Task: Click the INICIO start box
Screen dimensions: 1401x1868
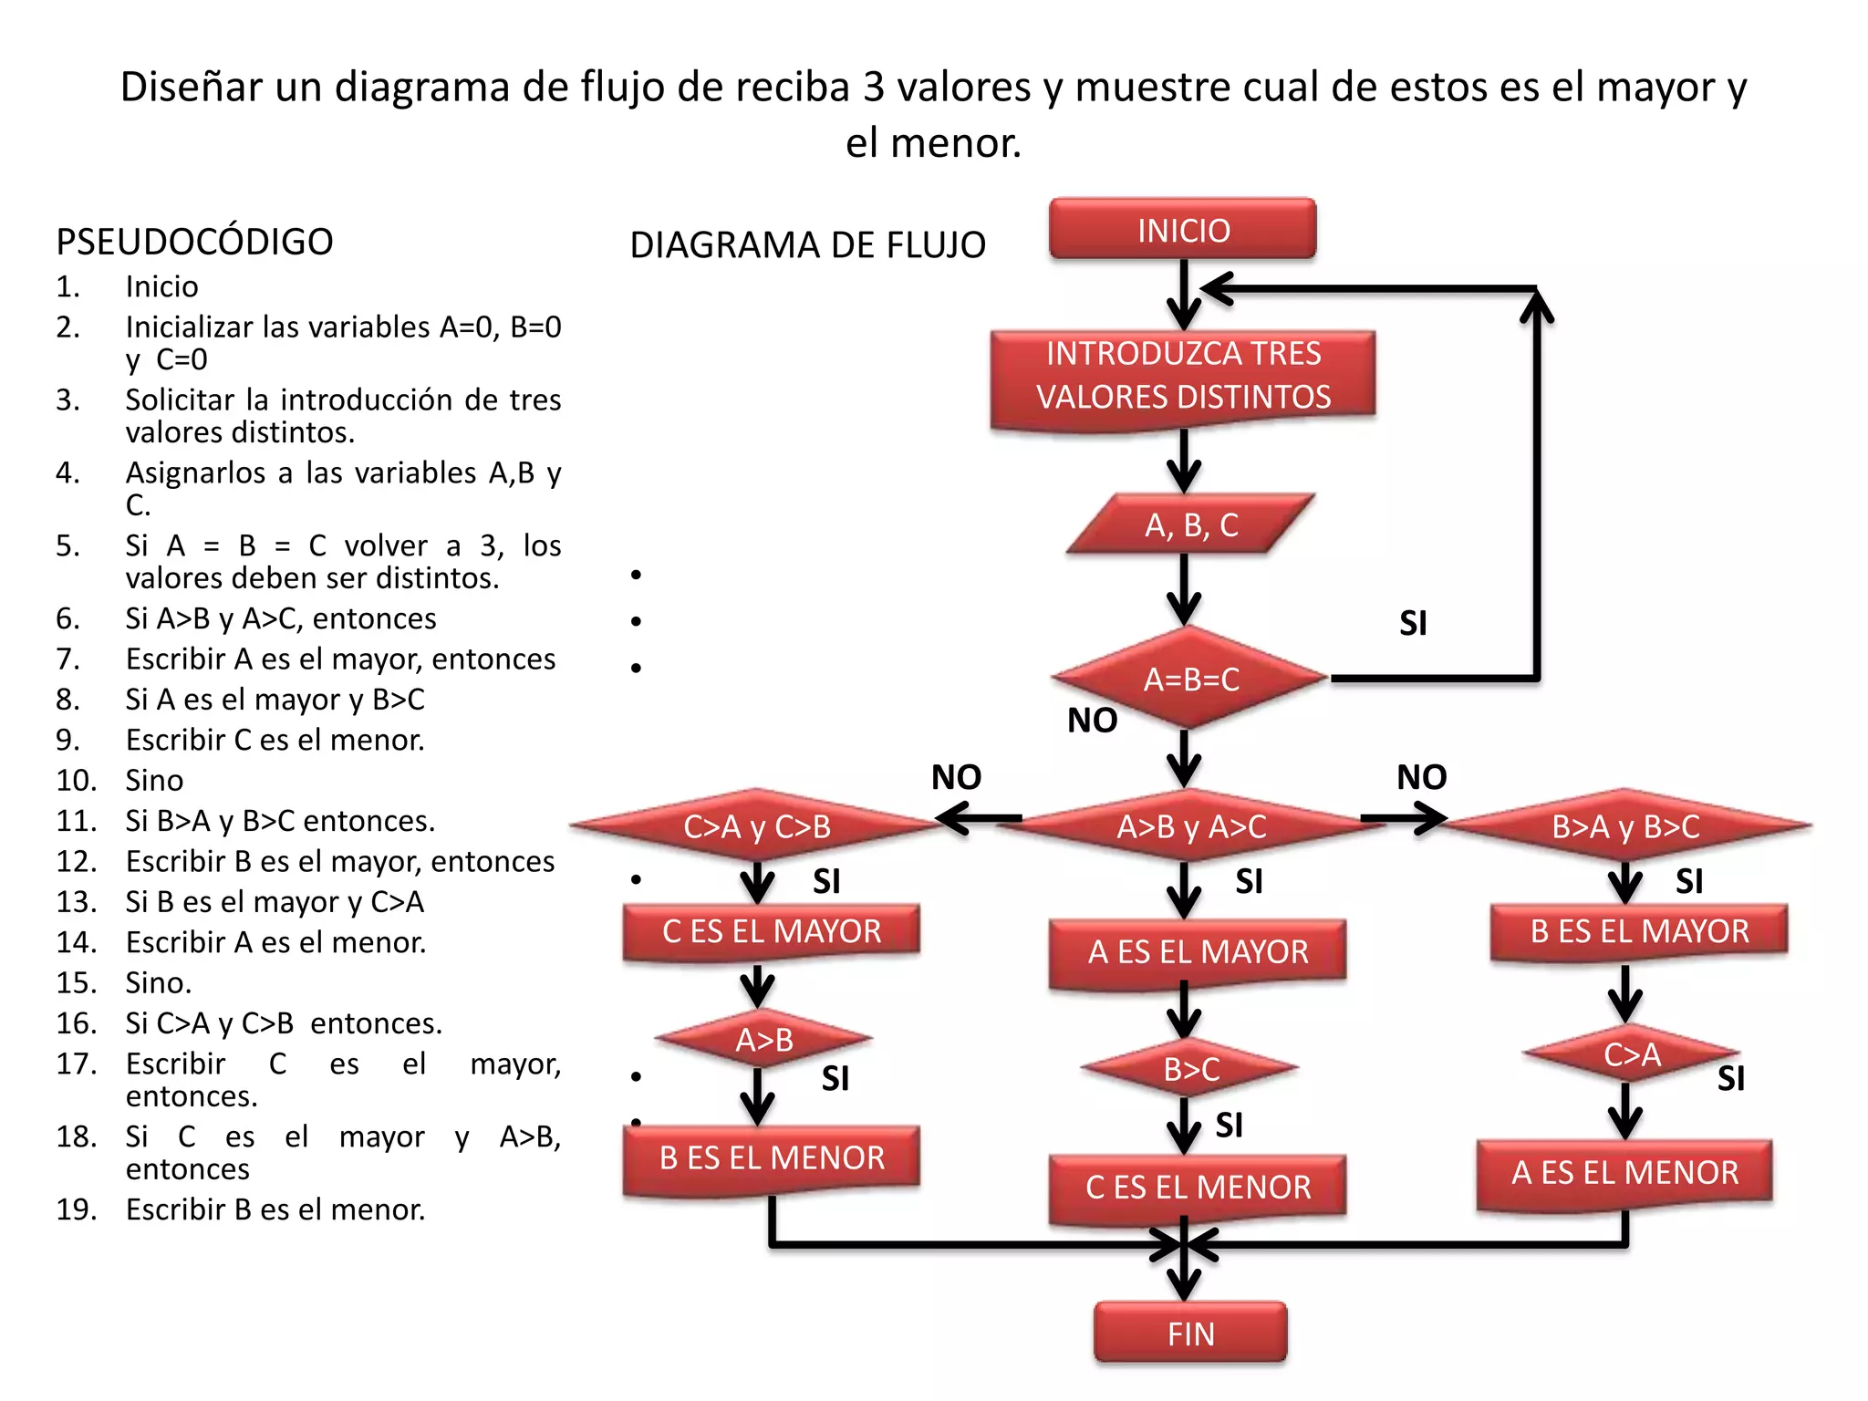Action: [x=1183, y=229]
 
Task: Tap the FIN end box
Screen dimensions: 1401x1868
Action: [x=1190, y=1333]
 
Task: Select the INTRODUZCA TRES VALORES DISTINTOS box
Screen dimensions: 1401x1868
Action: [x=1183, y=376]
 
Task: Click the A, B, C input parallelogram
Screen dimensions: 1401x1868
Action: [x=1190, y=524]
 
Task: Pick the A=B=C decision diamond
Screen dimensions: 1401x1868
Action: [x=1190, y=679]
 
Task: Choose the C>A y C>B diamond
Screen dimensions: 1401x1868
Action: [x=757, y=825]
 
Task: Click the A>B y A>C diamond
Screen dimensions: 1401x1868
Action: [x=1190, y=825]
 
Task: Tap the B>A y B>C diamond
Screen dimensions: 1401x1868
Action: [x=1625, y=825]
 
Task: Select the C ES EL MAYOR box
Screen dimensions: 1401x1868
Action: [x=771, y=931]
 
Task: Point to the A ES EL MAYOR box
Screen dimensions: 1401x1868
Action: [x=1198, y=951]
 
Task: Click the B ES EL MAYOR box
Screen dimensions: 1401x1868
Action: [x=1639, y=931]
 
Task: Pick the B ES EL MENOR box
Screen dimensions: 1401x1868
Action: [x=771, y=1157]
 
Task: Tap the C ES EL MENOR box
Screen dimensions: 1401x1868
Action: [x=1198, y=1187]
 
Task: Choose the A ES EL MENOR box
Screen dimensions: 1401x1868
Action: [x=1624, y=1172]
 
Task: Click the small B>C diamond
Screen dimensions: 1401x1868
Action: [x=1190, y=1068]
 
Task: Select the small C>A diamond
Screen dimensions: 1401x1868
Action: [x=1631, y=1053]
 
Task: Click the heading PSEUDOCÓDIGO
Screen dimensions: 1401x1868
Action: [x=194, y=242]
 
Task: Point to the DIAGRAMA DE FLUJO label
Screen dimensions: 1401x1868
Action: [x=807, y=245]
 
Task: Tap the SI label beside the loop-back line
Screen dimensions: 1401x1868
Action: [x=1413, y=623]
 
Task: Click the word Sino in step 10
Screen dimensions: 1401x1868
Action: [x=154, y=780]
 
